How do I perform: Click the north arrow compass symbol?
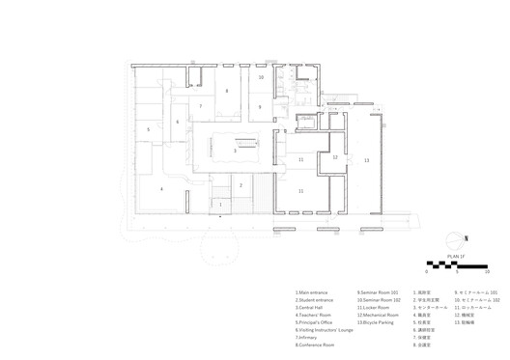pos(454,239)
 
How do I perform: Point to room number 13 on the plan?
pos(366,160)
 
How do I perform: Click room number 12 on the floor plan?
pos(334,156)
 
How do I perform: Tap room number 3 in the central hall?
pos(235,151)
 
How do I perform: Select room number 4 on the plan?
pos(161,189)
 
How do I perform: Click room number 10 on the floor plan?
pos(261,76)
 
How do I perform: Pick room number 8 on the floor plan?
pos(227,91)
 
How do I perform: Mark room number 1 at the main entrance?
pos(220,205)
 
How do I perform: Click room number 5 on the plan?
pos(148,128)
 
